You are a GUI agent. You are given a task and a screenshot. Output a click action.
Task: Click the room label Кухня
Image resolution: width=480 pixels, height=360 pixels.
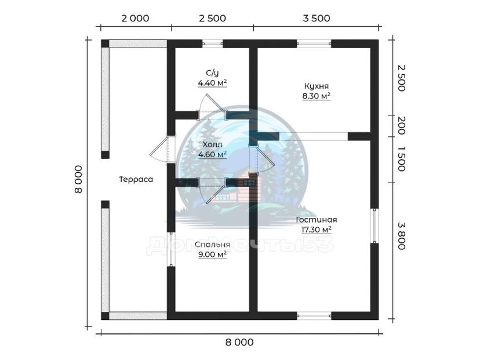(x=316, y=86)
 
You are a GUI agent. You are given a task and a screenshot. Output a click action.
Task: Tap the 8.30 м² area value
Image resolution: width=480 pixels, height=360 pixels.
(x=316, y=96)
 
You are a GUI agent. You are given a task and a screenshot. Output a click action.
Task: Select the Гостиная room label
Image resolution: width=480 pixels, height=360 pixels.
(x=316, y=220)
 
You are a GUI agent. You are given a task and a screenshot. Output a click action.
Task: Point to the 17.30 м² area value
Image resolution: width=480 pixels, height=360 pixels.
(x=316, y=230)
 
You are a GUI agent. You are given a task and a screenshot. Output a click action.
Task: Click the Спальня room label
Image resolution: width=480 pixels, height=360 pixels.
(x=212, y=245)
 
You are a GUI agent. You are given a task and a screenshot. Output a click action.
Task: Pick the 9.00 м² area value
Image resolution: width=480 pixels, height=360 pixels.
(x=212, y=254)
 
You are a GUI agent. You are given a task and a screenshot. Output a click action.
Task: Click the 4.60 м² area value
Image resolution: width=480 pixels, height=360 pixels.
(x=212, y=154)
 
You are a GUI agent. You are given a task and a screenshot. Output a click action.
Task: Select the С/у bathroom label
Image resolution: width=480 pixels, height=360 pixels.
(x=212, y=72)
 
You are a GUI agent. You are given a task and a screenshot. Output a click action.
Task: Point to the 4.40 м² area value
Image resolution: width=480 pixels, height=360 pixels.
(x=212, y=83)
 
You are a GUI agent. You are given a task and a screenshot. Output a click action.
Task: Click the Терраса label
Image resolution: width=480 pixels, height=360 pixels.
(x=136, y=180)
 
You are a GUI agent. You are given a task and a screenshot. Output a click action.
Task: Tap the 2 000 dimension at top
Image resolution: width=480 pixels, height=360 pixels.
(x=135, y=18)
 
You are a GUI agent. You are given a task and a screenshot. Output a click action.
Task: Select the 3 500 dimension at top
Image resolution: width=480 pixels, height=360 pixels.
(x=317, y=18)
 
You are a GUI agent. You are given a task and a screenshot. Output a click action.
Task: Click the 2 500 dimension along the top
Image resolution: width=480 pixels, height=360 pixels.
(x=212, y=18)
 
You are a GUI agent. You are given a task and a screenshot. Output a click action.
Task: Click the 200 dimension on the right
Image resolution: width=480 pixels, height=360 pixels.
(x=401, y=125)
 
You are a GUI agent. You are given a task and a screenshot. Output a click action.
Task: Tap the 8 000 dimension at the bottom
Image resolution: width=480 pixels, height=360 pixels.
(x=239, y=342)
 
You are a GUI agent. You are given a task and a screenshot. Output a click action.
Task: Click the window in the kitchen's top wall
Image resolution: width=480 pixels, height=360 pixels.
(x=314, y=43)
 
